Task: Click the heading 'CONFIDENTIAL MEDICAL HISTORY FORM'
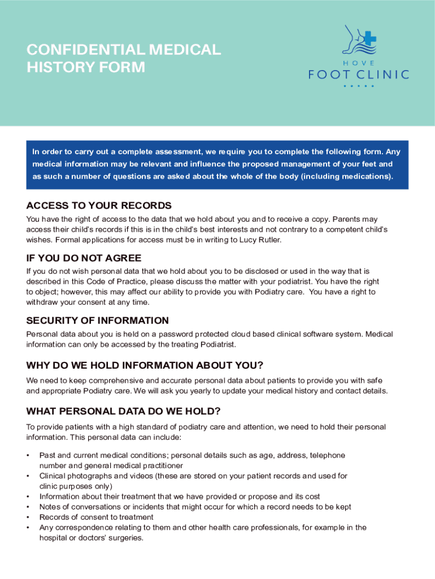click(123, 58)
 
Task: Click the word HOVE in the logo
click(359, 63)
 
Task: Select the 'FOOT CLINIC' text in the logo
click(359, 74)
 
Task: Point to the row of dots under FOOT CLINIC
click(359, 86)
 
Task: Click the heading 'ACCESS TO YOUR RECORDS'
click(99, 205)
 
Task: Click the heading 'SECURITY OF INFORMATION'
click(97, 321)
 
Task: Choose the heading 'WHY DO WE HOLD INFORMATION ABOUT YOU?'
click(145, 365)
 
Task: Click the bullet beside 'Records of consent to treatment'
click(28, 517)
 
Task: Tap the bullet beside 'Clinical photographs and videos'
click(28, 476)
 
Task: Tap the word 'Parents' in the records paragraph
click(351, 219)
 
